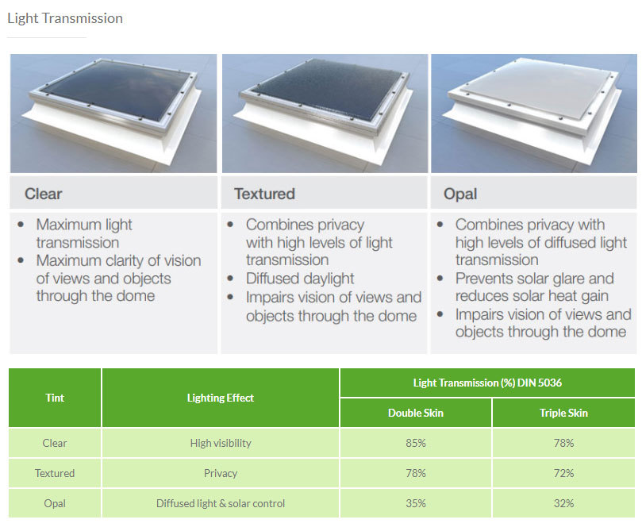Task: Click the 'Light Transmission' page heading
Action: coord(65,18)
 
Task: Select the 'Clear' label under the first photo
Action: coord(43,194)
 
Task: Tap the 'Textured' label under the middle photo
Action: coord(264,194)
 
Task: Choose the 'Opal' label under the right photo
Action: coord(460,194)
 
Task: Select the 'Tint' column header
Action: coord(55,398)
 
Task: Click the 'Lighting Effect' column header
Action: coord(221,398)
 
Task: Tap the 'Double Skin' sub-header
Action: coord(415,413)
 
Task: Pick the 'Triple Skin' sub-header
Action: coord(564,413)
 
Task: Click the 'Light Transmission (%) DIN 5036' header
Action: coord(489,383)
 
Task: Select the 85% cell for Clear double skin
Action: coord(415,443)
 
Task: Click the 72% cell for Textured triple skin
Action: coord(564,473)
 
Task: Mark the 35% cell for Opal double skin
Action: coord(415,503)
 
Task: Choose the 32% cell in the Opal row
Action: coord(564,503)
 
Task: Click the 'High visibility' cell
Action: coord(221,443)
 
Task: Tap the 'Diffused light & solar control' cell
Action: coord(221,503)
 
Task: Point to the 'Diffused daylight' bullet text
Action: coord(300,279)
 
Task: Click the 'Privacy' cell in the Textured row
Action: coord(221,473)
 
